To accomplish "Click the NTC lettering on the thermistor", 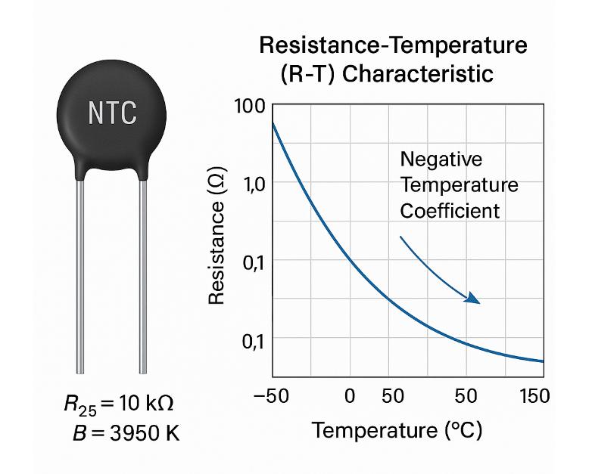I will click(x=113, y=113).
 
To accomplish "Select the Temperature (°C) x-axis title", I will click(x=397, y=431).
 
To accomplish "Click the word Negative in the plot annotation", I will click(x=441, y=160).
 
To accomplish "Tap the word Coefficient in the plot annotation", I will click(x=450, y=210).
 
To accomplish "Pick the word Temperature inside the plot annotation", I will click(x=459, y=185).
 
